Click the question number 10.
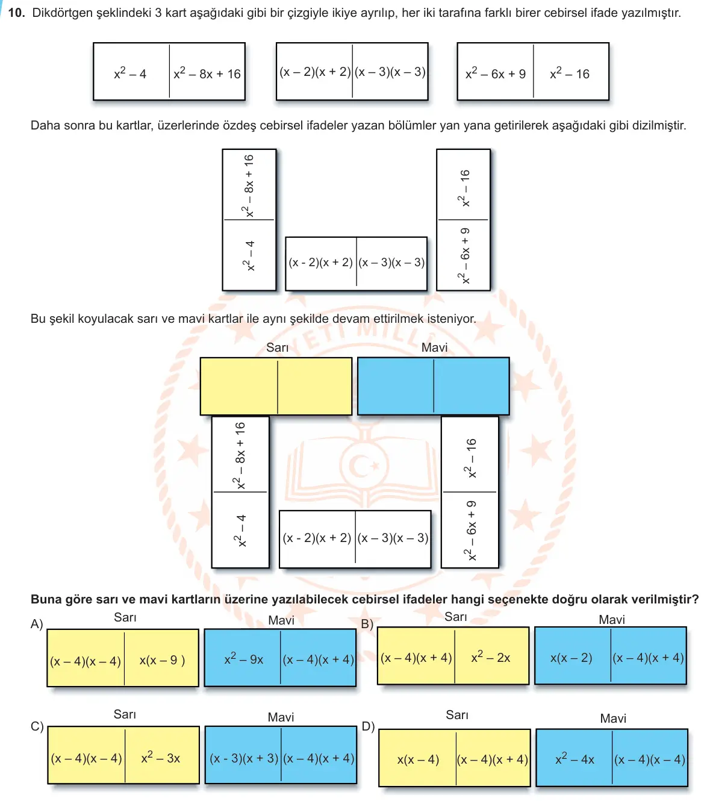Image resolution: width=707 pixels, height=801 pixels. (x=16, y=13)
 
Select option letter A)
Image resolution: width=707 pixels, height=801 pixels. (x=37, y=624)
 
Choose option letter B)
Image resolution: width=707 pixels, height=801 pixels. (x=367, y=624)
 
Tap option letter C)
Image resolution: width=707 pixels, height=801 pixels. (x=37, y=727)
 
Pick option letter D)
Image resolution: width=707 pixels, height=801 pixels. (x=368, y=727)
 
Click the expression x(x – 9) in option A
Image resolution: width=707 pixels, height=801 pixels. (x=162, y=660)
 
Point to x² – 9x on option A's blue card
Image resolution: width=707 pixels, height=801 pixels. (x=243, y=659)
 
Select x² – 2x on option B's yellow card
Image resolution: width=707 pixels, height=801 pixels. (x=490, y=657)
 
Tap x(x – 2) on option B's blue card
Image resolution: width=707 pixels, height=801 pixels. (x=572, y=658)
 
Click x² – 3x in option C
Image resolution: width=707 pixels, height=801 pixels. (x=161, y=758)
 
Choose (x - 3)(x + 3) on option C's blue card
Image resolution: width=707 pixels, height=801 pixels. (x=244, y=758)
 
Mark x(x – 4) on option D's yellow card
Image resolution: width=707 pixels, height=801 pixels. (x=418, y=759)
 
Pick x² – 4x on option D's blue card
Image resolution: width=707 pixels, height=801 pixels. (x=575, y=759)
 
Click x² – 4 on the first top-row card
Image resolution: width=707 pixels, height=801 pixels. (x=130, y=73)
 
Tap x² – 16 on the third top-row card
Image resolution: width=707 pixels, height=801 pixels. (x=570, y=73)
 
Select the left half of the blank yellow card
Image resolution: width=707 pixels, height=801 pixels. (x=239, y=386)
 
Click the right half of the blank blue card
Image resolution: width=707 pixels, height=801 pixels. (x=471, y=386)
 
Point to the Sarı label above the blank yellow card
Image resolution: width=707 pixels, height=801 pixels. (x=277, y=347)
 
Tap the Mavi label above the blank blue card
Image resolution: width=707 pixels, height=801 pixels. (x=434, y=347)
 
